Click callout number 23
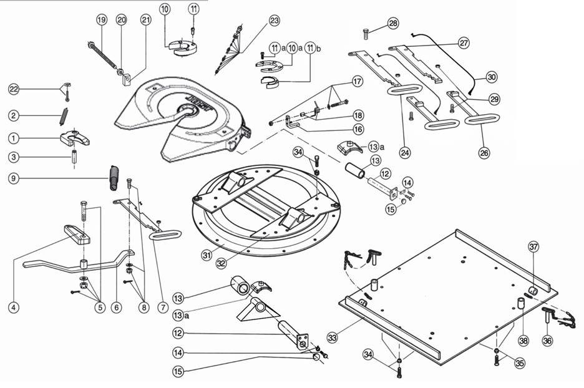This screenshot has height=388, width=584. pyautogui.click(x=275, y=21)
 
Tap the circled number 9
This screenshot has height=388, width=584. pyautogui.click(x=13, y=178)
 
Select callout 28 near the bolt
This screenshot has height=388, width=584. pyautogui.click(x=392, y=23)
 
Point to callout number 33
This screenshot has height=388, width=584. pyautogui.click(x=333, y=337)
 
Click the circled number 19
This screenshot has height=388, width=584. pyautogui.click(x=102, y=20)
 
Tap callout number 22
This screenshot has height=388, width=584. pyautogui.click(x=13, y=90)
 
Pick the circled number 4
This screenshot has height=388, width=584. pyautogui.click(x=13, y=307)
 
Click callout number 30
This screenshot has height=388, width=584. pyautogui.click(x=492, y=77)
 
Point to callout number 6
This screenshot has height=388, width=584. pyautogui.click(x=115, y=308)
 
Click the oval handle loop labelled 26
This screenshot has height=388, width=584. pyautogui.click(x=482, y=119)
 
